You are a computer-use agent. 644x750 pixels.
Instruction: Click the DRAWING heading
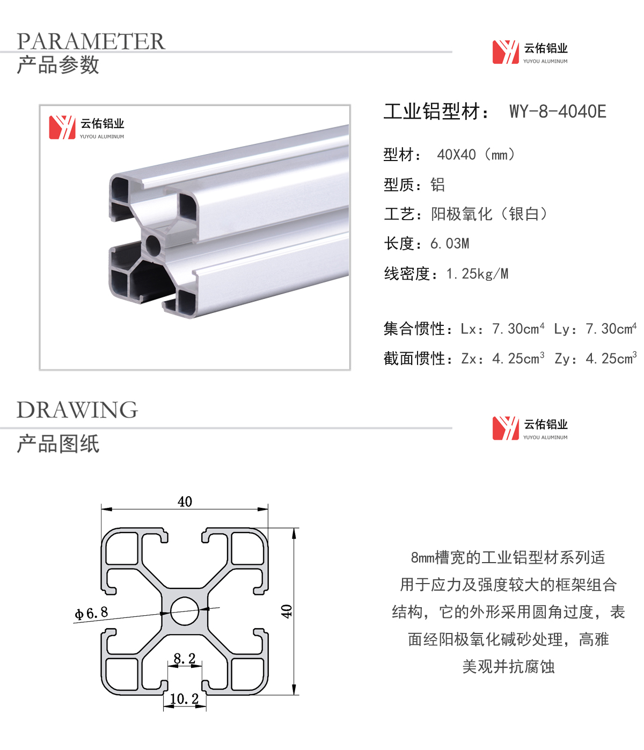(77, 410)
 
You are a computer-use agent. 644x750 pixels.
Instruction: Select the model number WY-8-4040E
(558, 111)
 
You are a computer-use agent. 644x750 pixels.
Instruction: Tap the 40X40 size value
(456, 155)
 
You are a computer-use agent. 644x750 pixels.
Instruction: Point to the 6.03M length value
(450, 244)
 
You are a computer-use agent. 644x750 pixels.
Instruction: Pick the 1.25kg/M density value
(477, 274)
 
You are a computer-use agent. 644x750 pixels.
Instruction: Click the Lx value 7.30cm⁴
(518, 328)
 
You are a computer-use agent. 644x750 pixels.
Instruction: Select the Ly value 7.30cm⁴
(611, 328)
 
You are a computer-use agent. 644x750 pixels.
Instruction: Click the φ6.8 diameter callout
(91, 613)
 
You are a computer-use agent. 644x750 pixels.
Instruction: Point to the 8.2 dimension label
(184, 658)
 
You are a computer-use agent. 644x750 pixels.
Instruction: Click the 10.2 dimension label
(184, 698)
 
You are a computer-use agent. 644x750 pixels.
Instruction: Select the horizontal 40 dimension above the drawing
(185, 501)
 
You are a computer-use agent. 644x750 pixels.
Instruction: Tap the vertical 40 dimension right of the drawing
(286, 611)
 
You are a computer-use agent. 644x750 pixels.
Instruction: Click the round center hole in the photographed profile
(153, 245)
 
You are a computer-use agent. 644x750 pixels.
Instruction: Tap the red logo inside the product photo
(62, 127)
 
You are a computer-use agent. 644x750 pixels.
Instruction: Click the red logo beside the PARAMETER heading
(506, 52)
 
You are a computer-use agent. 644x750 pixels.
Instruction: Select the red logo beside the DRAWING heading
(506, 428)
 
